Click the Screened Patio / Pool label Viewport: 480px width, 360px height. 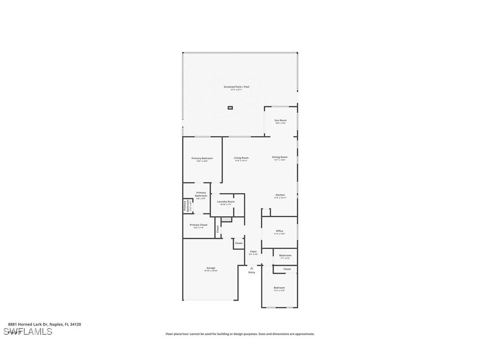coord(236,87)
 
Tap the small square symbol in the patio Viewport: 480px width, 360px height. coord(230,107)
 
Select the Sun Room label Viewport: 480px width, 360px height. coord(280,120)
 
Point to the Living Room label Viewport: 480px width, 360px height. coord(241,158)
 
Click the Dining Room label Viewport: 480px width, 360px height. coord(279,157)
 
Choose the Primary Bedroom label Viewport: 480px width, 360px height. coord(202,158)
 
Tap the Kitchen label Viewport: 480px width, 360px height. coord(280,195)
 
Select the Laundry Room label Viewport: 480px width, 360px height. coord(225,202)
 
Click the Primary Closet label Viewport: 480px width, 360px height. coord(198,225)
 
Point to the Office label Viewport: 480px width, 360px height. coord(279,231)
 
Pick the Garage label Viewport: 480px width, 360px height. coord(211,268)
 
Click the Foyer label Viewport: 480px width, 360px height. coord(253,252)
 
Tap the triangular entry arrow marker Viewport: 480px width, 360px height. coord(251,268)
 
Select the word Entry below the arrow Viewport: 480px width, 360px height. coord(251,272)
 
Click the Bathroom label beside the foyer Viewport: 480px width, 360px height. coord(285,255)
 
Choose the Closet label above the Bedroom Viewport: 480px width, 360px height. coord(287,269)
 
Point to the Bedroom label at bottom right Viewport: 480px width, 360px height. coord(279,288)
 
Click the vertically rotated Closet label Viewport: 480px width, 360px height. coord(217,229)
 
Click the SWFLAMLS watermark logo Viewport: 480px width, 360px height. coord(28,332)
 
